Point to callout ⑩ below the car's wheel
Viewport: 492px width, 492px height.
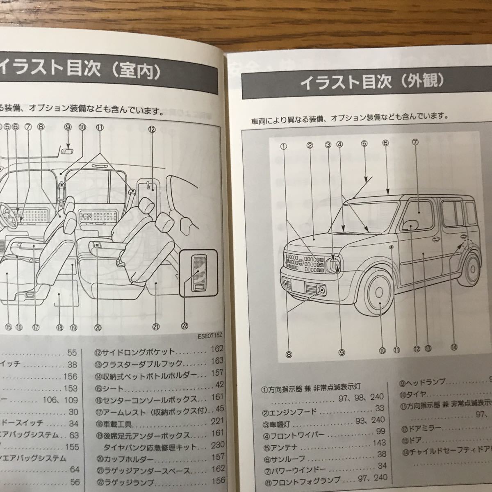[x=382, y=350]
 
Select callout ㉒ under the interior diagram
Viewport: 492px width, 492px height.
[x=184, y=326]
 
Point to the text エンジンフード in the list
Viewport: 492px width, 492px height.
[x=289, y=409]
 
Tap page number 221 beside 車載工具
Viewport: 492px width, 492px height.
[x=217, y=421]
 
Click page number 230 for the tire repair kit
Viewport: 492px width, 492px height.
[x=217, y=445]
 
